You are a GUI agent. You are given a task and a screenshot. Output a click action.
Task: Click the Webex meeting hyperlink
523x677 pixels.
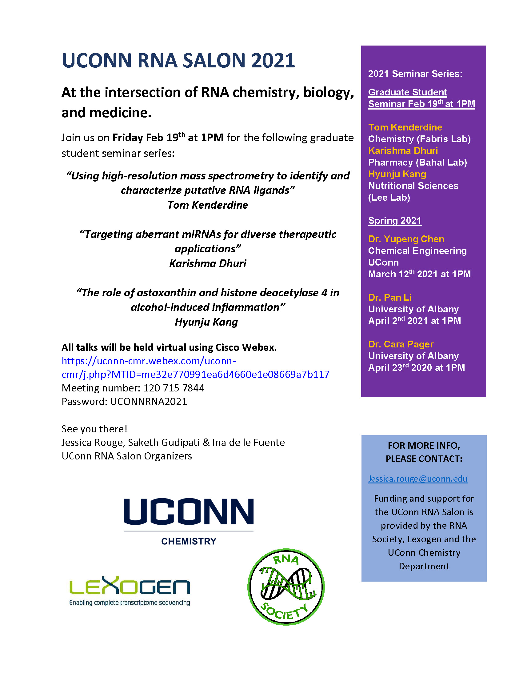click(195, 368)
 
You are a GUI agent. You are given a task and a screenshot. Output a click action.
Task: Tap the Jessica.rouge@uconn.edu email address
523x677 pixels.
click(417, 479)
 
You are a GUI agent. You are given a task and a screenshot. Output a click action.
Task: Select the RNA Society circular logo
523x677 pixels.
click(286, 587)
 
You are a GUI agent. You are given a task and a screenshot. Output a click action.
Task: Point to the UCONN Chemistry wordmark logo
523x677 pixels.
click(188, 520)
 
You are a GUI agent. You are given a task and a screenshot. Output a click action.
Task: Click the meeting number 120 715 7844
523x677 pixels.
click(174, 388)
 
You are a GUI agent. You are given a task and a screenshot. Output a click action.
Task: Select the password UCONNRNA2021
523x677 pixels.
click(149, 402)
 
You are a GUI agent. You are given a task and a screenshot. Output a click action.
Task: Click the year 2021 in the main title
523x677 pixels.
click(273, 60)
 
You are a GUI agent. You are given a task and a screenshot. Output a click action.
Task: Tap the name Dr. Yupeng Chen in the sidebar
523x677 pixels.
click(406, 239)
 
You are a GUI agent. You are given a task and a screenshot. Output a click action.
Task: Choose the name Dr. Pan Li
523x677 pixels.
click(390, 298)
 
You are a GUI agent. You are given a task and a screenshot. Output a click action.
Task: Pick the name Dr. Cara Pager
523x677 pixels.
click(401, 344)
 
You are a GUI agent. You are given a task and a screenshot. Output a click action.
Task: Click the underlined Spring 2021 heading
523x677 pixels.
click(394, 220)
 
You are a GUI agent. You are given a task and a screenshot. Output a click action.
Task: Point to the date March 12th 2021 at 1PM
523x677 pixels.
click(419, 274)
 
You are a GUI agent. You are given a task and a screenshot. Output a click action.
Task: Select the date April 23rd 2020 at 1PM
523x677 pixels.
click(417, 368)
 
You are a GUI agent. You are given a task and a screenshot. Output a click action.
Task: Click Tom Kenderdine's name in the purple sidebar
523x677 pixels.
click(405, 127)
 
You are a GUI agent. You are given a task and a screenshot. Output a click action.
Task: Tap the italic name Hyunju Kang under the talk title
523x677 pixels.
click(206, 322)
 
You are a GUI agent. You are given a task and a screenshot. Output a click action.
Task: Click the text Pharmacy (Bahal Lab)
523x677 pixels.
click(417, 162)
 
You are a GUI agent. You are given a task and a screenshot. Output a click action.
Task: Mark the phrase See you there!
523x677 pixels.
click(94, 429)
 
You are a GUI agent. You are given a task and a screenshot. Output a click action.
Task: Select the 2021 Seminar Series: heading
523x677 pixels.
click(415, 74)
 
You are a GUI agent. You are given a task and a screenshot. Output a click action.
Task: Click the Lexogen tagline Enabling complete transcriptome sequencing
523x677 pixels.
click(130, 603)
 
